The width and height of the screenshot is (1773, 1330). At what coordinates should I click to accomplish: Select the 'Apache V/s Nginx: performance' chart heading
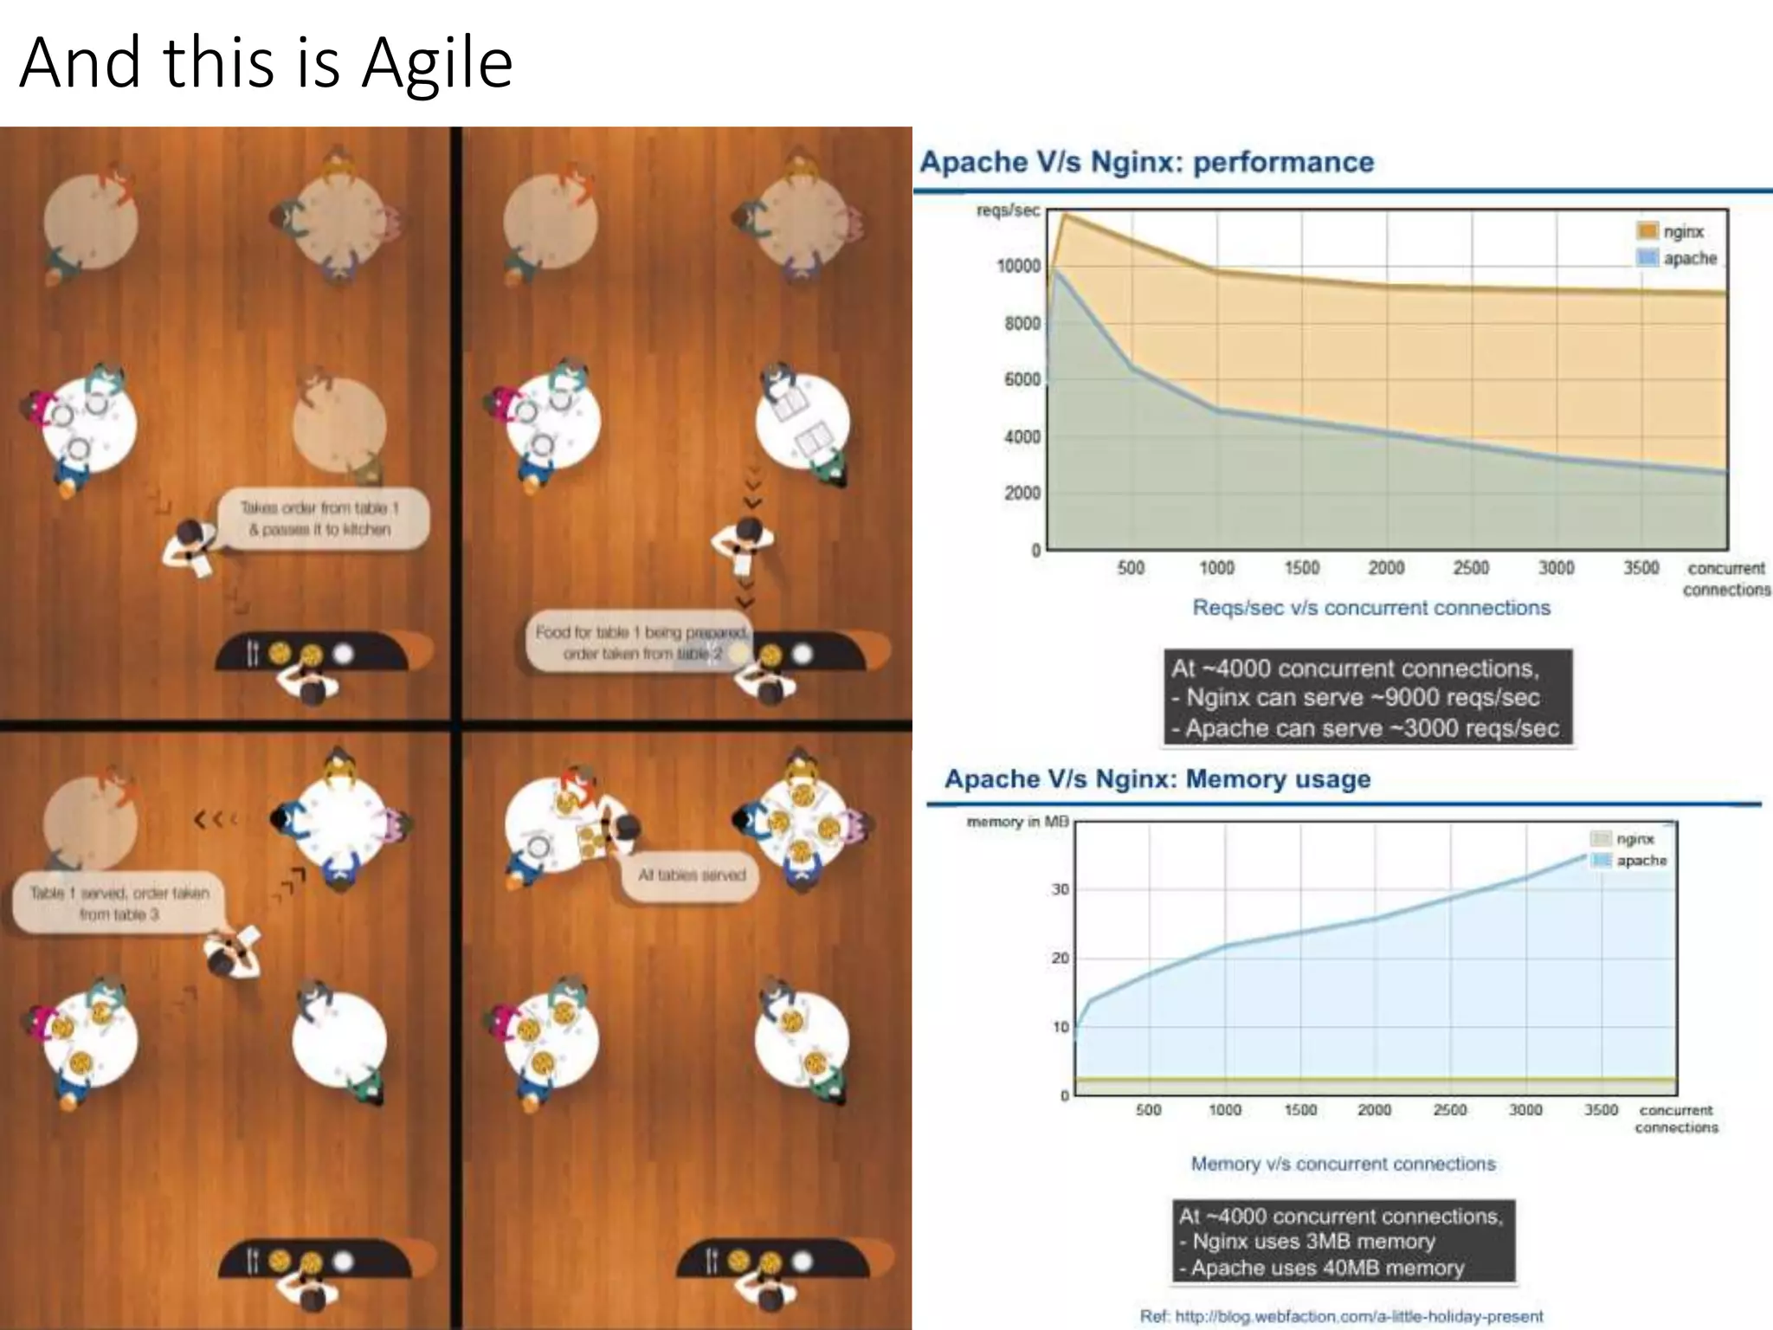[1146, 162]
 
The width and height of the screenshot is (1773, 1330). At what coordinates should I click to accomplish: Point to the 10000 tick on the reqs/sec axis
[1019, 266]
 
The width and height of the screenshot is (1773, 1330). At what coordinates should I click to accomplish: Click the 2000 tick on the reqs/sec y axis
[1022, 493]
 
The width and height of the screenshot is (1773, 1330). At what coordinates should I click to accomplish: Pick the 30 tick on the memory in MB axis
[1061, 889]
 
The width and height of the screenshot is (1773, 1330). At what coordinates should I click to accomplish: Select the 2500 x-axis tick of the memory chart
[1450, 1109]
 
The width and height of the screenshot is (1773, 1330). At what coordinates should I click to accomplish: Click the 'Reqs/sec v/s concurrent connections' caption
[1371, 607]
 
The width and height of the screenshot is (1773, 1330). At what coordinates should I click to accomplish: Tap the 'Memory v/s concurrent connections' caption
[1343, 1164]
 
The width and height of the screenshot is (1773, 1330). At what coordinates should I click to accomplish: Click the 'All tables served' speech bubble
[691, 875]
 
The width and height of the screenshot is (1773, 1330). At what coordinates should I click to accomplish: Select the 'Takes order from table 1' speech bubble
[319, 518]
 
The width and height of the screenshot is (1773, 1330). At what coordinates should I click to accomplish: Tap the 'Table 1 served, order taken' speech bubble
[119, 903]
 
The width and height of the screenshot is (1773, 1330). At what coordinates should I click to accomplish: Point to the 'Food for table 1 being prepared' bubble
[639, 642]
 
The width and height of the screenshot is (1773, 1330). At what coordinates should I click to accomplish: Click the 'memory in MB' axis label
[1017, 821]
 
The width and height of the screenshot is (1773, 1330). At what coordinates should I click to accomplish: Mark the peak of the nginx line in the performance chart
[1064, 214]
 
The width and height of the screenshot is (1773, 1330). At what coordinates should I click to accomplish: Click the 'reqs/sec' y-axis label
[1008, 210]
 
